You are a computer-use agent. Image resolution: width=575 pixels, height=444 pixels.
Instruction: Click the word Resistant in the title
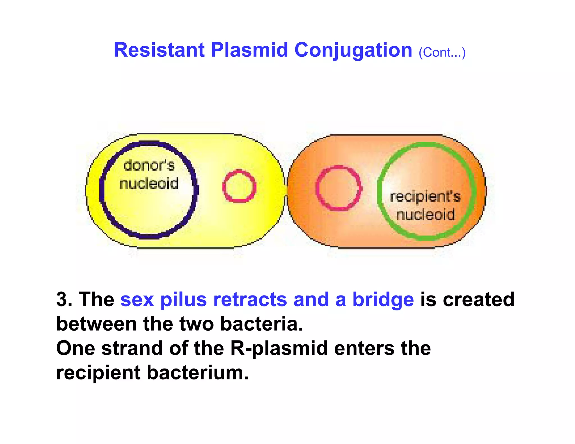[x=159, y=50]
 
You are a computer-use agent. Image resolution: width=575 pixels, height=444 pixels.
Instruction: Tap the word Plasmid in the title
[x=249, y=50]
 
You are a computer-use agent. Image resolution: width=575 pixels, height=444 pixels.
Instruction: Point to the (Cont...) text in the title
[x=442, y=52]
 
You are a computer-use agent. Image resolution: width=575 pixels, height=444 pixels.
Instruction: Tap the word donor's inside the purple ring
[x=149, y=165]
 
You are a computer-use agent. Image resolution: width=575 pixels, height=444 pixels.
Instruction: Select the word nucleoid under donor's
[x=149, y=183]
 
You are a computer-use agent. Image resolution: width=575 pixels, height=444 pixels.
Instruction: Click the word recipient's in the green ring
[x=425, y=196]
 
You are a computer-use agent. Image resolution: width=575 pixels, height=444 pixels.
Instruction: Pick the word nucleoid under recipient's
[x=425, y=214]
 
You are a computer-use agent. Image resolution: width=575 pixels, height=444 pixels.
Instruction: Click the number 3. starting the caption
[x=64, y=299]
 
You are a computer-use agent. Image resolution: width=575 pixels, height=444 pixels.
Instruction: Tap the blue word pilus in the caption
[x=183, y=299]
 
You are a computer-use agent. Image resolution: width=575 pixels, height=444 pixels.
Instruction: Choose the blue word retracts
[x=250, y=299]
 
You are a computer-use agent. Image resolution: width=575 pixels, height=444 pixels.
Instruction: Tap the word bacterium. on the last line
[x=198, y=373]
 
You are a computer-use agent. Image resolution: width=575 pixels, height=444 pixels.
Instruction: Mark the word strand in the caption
[x=132, y=348]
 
